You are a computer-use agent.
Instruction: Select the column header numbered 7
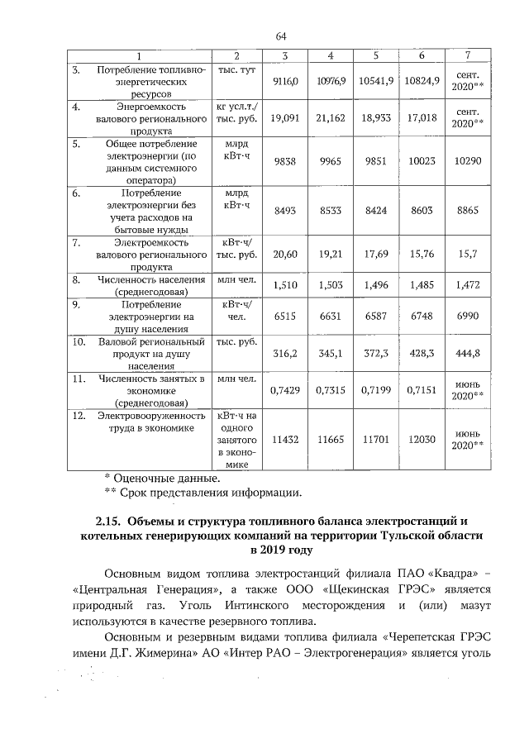[x=468, y=55]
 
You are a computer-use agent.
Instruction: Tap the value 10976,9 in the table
[x=330, y=81]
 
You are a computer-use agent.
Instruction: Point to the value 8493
[x=284, y=211]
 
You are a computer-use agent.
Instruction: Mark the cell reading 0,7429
[x=284, y=388]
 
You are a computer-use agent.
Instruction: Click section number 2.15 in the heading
[x=108, y=521]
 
